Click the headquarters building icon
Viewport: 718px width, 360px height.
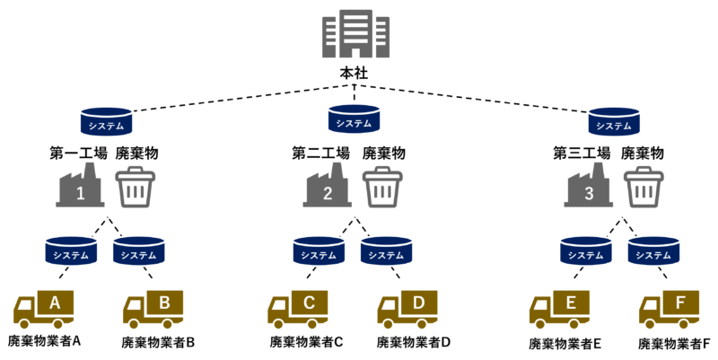355,34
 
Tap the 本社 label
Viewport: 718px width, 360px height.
354,74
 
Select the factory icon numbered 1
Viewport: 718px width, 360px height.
80,186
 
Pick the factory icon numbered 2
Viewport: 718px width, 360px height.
327,186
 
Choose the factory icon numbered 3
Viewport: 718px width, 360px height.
589,186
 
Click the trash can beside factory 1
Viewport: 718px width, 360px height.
136,187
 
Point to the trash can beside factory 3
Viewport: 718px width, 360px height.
644,187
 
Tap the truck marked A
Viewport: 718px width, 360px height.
43,309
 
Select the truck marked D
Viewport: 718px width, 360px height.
407,309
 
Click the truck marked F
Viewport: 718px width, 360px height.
669,309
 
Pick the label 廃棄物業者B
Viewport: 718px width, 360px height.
158,343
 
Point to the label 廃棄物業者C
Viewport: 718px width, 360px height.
306,342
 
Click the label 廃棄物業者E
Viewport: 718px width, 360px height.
565,344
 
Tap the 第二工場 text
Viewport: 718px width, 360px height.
320,153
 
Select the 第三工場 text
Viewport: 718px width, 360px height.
582,153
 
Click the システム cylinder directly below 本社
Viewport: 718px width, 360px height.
354,119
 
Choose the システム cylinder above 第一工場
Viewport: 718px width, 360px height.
106,121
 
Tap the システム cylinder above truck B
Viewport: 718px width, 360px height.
139,251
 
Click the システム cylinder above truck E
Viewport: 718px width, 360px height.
586,251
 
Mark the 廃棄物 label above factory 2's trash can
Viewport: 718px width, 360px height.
384,153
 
